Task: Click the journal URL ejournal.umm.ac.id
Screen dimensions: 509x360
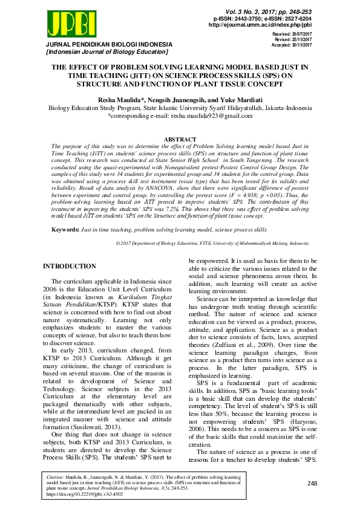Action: [260, 25]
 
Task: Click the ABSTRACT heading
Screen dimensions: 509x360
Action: [180, 138]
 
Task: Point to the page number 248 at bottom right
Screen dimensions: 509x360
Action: [312, 484]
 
